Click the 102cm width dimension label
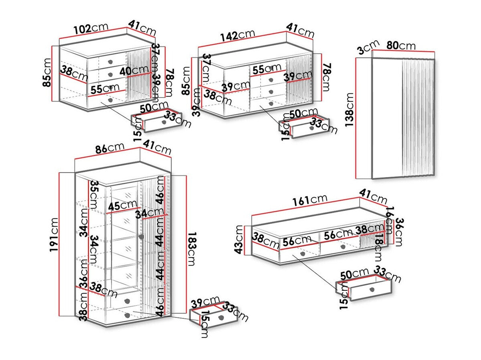91,29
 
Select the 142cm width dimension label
237,34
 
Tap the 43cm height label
239,239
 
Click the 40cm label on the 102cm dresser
133,71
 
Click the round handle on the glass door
141,237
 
